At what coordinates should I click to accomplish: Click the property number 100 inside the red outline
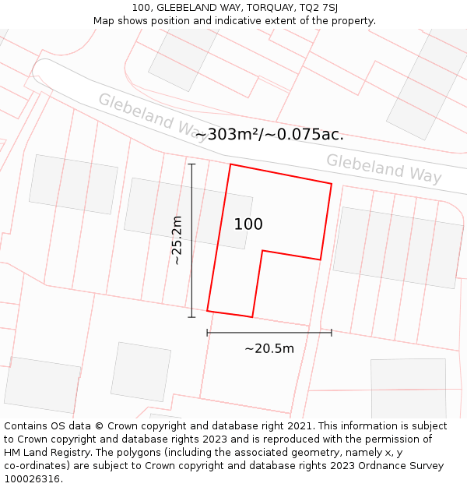click(248, 224)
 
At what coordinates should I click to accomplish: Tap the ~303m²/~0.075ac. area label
click(269, 134)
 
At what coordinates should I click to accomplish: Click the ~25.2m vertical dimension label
click(177, 240)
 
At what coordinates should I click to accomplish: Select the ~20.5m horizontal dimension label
click(269, 348)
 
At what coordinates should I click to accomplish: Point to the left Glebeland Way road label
click(153, 115)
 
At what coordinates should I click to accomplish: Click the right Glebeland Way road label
click(384, 168)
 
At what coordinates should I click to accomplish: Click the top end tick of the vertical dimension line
click(191, 164)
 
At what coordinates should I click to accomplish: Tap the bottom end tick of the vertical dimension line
click(191, 317)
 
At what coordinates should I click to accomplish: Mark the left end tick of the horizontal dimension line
click(207, 333)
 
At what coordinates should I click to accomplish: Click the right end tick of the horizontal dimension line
click(332, 333)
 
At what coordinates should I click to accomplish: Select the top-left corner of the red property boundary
click(230, 164)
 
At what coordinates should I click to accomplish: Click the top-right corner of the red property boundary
click(332, 184)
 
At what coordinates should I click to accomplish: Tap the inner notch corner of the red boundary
click(263, 251)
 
